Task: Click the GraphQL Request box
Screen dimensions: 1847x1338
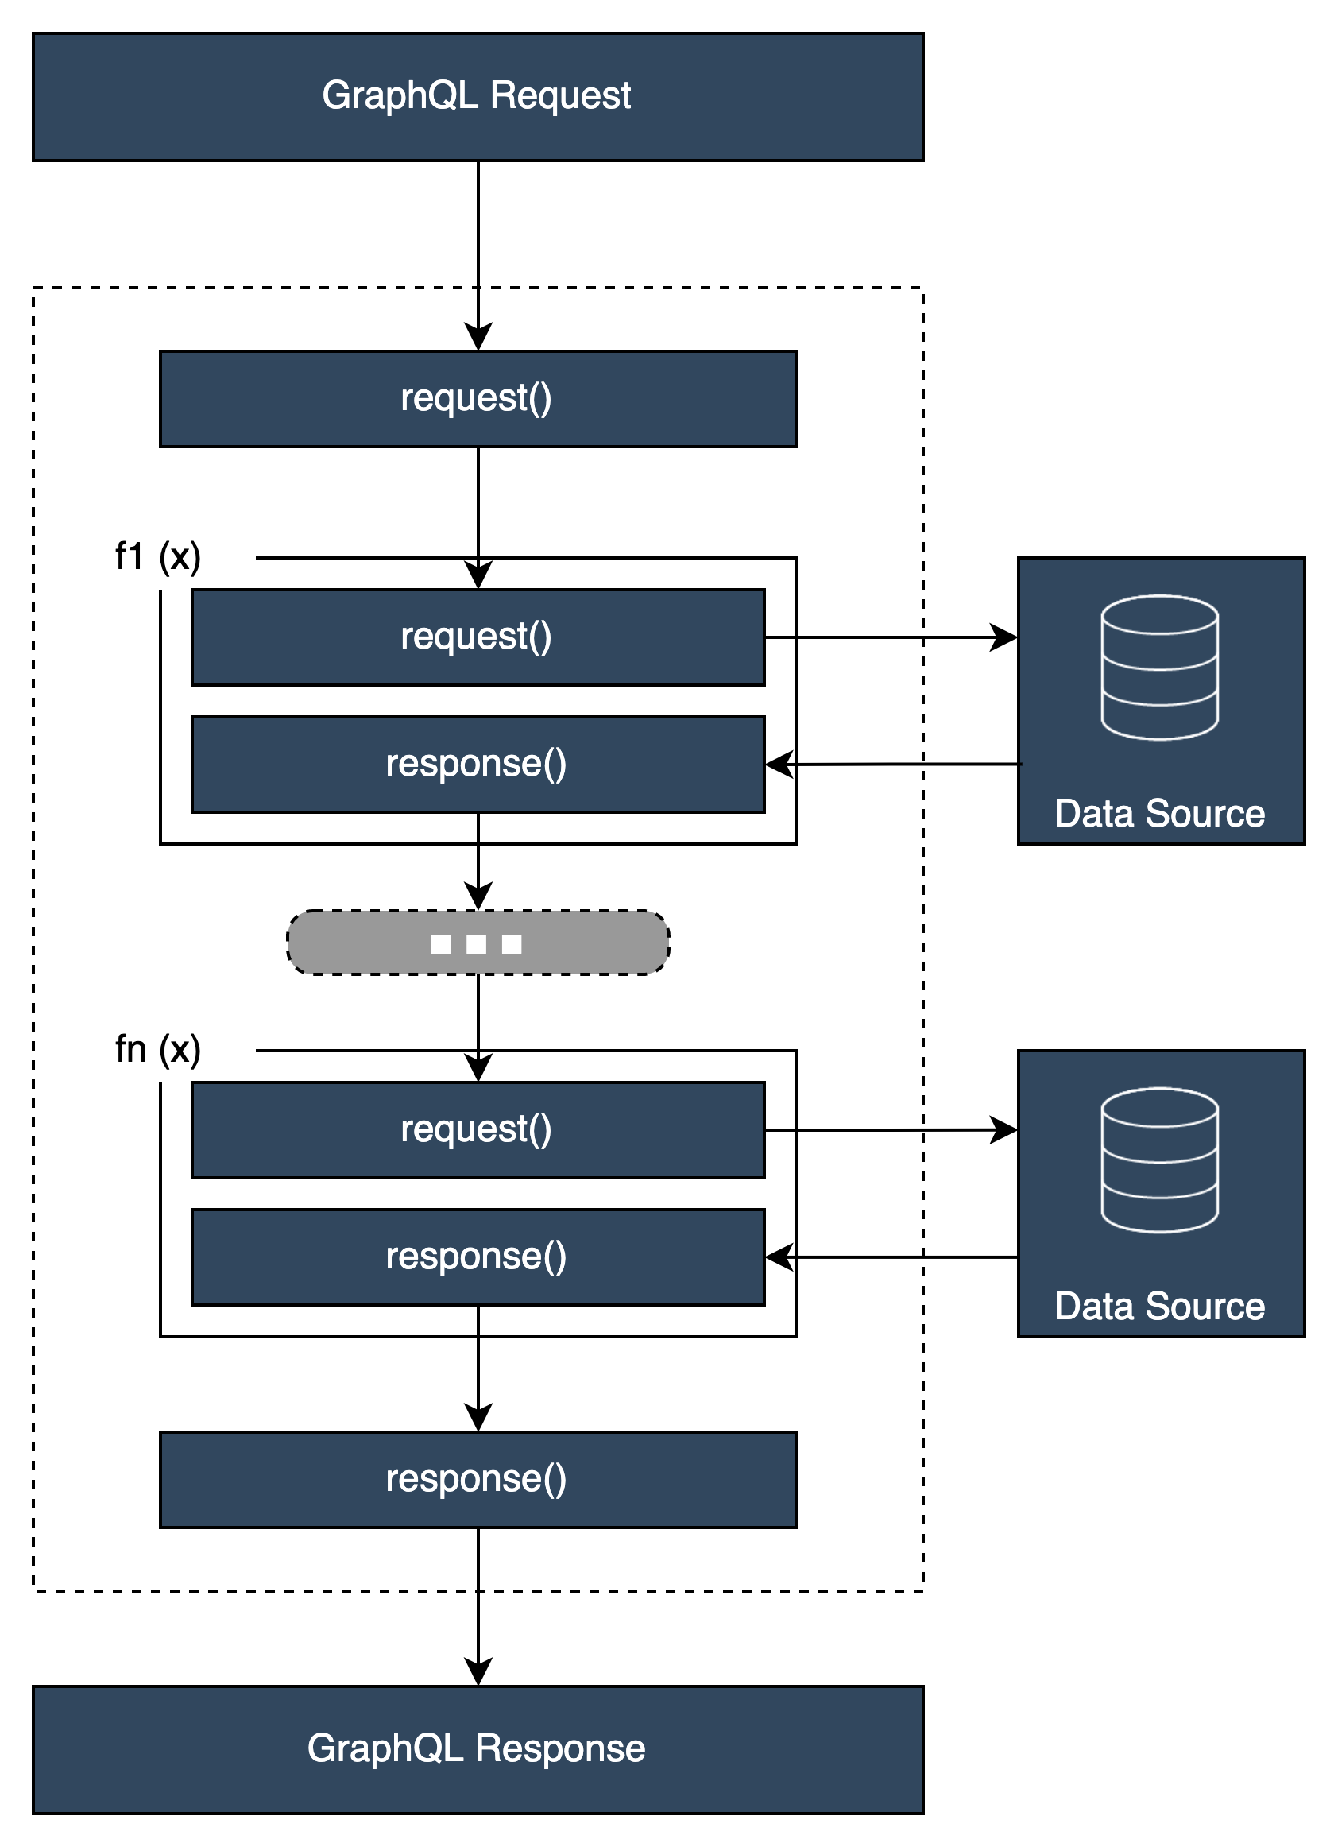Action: click(x=478, y=96)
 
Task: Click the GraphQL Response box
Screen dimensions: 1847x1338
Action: click(x=478, y=1749)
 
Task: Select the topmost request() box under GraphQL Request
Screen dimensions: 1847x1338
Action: click(x=478, y=399)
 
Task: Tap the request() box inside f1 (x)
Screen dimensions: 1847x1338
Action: click(x=478, y=637)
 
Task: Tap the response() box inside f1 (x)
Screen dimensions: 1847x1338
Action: click(x=478, y=764)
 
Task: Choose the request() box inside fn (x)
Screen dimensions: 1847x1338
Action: click(x=478, y=1129)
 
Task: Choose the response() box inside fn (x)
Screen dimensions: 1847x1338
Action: click(x=478, y=1257)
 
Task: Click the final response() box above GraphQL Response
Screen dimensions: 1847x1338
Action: click(x=478, y=1479)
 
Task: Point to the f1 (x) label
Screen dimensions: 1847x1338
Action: click(x=157, y=557)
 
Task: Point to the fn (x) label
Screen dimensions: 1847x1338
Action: click(x=157, y=1050)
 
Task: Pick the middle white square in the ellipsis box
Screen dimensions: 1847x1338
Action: click(x=477, y=944)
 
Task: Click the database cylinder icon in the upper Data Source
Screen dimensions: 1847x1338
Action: click(x=1160, y=668)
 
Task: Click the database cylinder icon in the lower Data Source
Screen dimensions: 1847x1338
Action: click(x=1160, y=1160)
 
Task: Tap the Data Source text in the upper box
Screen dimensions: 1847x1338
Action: click(x=1160, y=814)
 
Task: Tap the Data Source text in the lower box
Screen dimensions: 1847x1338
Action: click(x=1160, y=1307)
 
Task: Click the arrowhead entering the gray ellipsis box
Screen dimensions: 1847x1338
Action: click(x=478, y=896)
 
